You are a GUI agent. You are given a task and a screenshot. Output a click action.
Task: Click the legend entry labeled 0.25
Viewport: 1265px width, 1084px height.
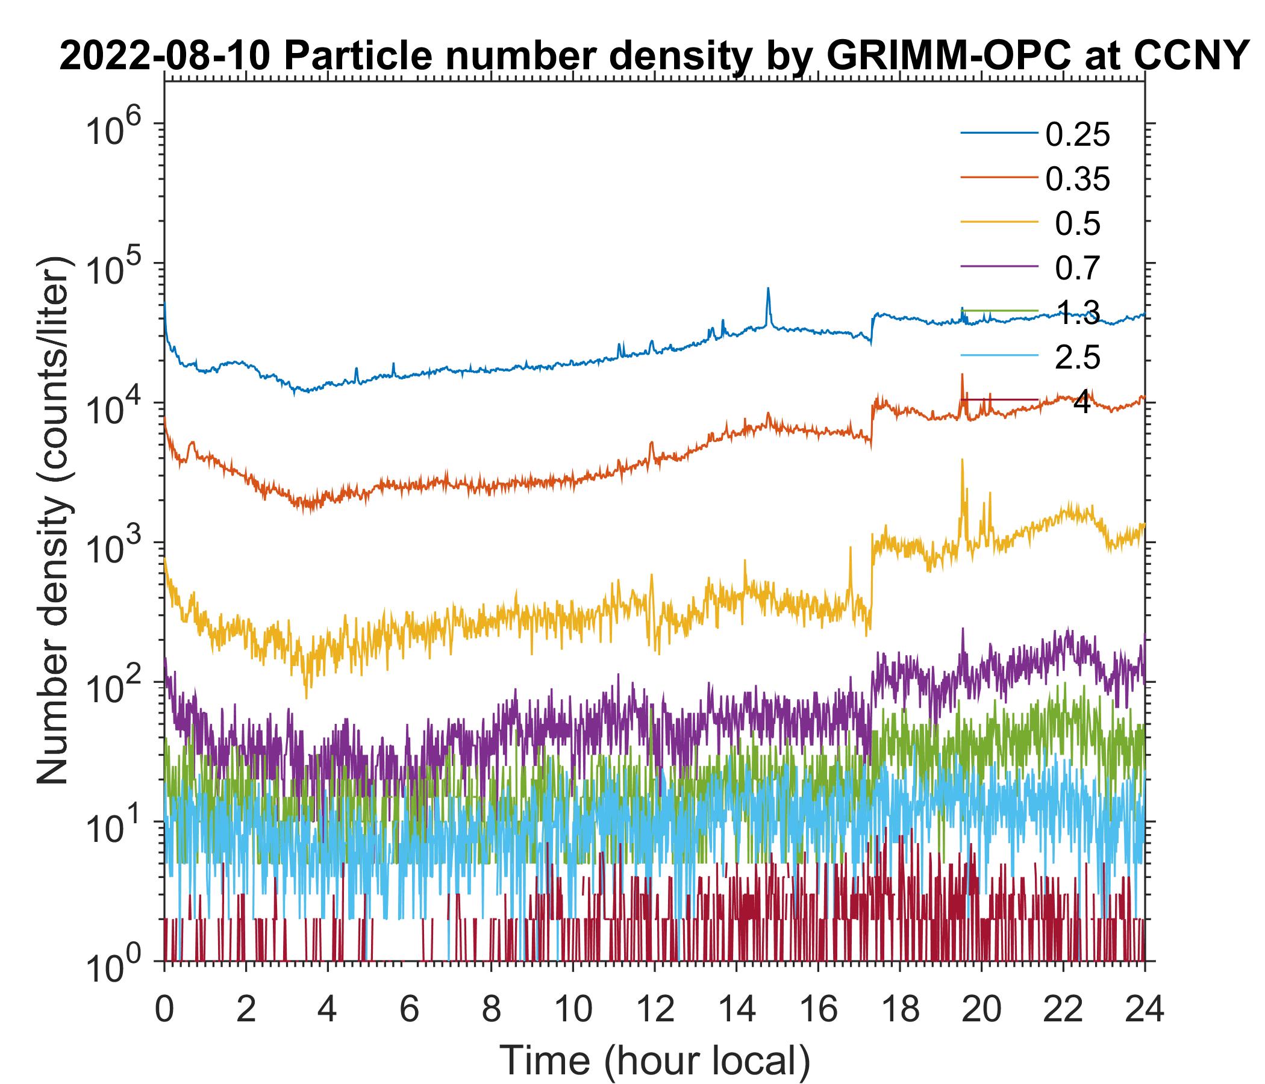[1077, 135]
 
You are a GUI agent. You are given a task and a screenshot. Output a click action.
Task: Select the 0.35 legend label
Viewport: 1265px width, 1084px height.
[1077, 179]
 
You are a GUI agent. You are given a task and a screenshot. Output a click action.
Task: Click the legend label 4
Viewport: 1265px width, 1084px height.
[1081, 403]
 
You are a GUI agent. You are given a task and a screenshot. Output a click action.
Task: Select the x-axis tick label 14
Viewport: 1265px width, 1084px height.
[736, 1008]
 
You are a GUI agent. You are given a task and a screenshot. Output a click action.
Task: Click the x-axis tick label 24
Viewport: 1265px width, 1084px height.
[1144, 1008]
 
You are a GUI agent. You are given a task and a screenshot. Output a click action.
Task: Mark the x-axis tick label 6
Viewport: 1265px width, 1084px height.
[409, 1008]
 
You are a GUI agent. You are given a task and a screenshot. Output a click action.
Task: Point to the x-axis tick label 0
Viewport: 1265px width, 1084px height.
[164, 1008]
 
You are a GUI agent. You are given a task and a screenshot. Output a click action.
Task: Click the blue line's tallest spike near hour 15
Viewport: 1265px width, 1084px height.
[768, 288]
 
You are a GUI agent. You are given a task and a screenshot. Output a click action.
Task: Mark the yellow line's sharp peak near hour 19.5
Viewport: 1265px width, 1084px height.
[962, 460]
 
